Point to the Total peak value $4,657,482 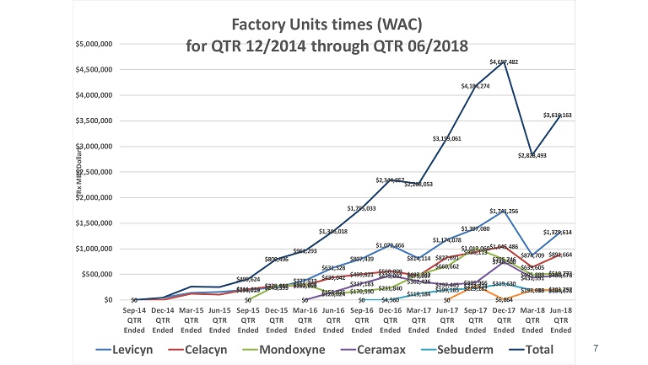click(x=504, y=62)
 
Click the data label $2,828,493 click(x=532, y=155)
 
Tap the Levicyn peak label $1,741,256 click(x=504, y=211)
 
